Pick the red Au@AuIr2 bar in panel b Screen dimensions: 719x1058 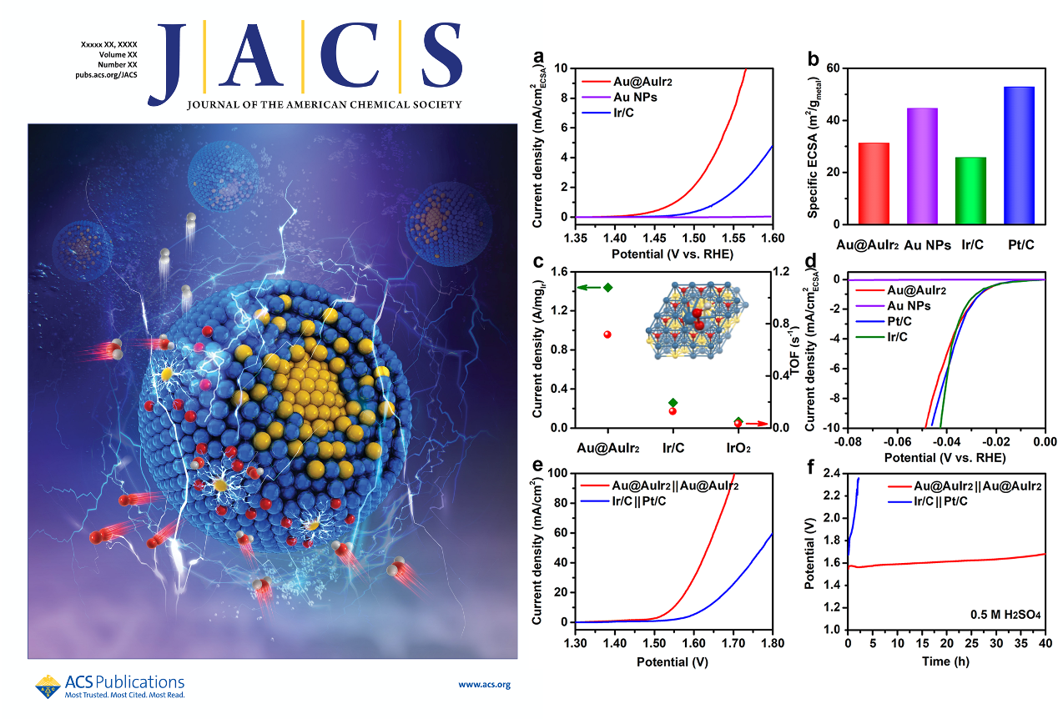pos(874,184)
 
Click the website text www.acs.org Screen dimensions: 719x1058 pos(484,685)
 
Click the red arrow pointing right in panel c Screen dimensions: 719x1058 pos(756,424)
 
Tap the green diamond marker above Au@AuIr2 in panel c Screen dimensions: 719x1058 pos(607,287)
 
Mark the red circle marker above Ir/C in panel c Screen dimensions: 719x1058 pos(673,410)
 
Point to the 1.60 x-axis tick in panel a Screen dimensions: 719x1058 pos(773,238)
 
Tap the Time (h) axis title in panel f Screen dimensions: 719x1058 pos(945,661)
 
